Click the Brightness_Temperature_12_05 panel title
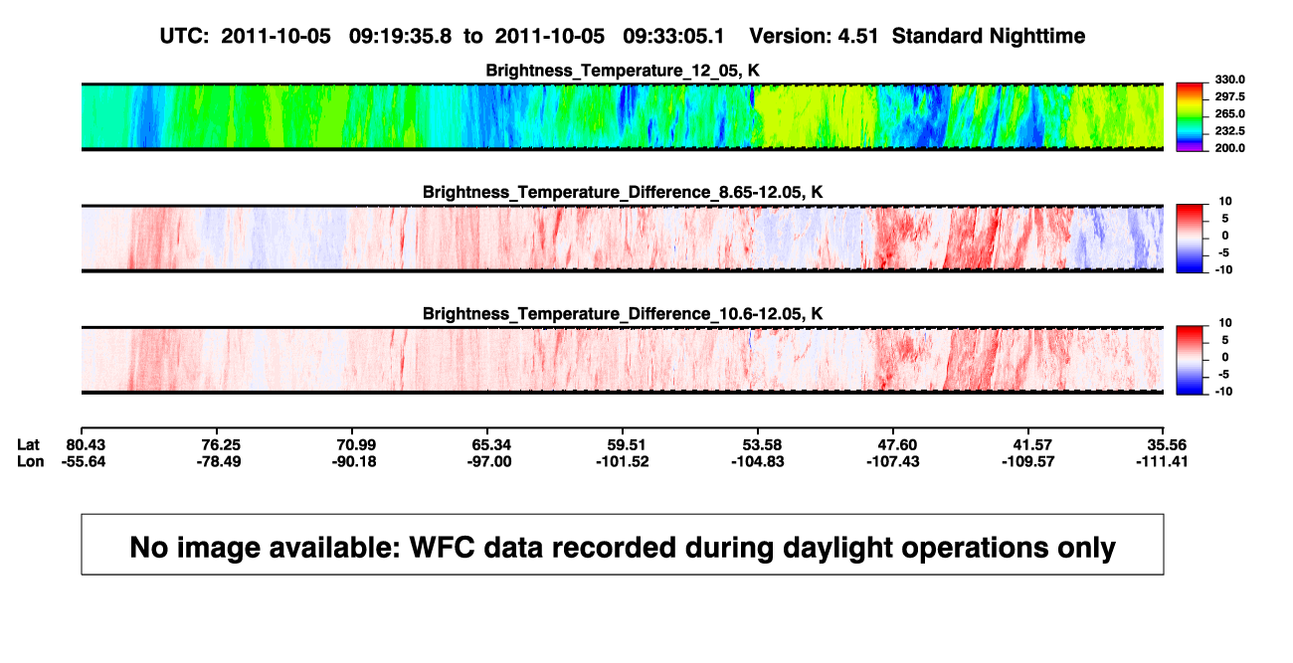pos(623,71)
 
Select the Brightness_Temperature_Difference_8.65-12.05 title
pos(623,192)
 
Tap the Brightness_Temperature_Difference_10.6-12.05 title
pos(623,314)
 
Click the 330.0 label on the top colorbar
pos(1230,80)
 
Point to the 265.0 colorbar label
pos(1230,113)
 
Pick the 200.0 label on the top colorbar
pos(1230,148)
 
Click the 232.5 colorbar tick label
pos(1230,131)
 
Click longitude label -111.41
pos(1162,461)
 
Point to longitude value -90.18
pos(354,461)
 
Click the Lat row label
pos(28,445)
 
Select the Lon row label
pos(31,461)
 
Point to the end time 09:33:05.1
pos(673,36)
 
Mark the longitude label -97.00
pos(489,461)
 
